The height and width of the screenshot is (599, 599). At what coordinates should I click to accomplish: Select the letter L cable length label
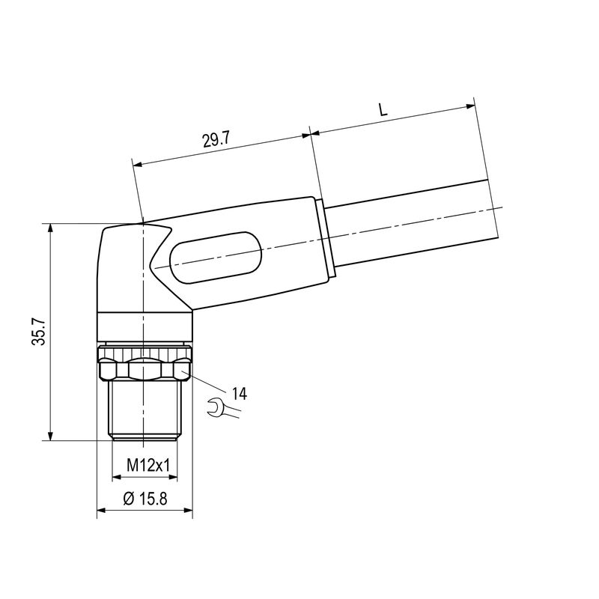click(x=383, y=109)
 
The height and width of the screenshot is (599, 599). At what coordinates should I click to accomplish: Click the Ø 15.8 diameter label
click(x=145, y=498)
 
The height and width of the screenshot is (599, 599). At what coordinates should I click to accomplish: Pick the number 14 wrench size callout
click(x=240, y=393)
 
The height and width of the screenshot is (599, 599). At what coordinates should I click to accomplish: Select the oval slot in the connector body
click(x=216, y=258)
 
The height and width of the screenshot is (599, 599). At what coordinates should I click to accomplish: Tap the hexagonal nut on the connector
click(x=145, y=369)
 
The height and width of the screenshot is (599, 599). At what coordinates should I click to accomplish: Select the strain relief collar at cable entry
click(x=327, y=240)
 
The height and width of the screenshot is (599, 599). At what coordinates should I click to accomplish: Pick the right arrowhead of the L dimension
click(x=470, y=106)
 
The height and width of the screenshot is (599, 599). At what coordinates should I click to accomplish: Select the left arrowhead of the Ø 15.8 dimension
click(x=103, y=513)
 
